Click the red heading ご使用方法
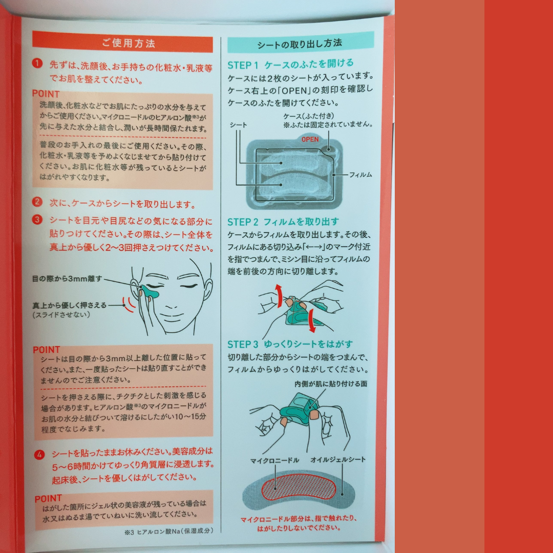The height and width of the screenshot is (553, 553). coord(129,44)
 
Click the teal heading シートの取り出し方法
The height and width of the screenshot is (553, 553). coord(300,44)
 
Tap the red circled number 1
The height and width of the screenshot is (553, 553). coord(37,63)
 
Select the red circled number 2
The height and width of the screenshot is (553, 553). coord(37,202)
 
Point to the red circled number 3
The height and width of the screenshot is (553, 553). coord(37,220)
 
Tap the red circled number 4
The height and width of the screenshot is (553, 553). coord(39,455)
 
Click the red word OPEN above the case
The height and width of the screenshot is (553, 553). coord(310,139)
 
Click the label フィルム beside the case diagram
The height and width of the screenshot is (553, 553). coord(360,175)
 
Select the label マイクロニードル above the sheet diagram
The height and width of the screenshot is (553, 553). coord(275,460)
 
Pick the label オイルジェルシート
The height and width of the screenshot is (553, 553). coord(338,459)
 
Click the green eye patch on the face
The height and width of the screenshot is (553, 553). coord(149,292)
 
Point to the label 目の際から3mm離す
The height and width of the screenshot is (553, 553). coord(67,279)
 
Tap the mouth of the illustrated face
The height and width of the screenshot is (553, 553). coord(172,315)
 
